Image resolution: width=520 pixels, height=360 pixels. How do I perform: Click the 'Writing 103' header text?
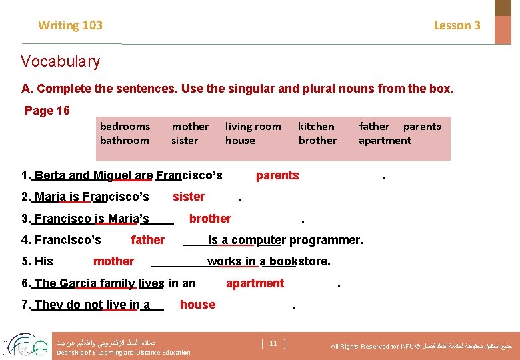pos(70,25)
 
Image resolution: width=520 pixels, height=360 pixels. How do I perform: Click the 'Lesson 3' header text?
pos(457,25)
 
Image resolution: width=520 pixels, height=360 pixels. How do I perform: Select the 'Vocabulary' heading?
pos(61,62)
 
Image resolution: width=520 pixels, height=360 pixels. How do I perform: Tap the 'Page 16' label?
pos(47,111)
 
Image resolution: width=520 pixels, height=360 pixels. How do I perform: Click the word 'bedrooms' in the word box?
pos(125,126)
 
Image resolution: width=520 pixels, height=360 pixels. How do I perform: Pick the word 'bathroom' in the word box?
pos(124,140)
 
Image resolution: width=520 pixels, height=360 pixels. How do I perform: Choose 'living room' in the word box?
pos(253,126)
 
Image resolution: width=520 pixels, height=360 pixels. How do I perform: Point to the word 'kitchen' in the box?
pos(316,126)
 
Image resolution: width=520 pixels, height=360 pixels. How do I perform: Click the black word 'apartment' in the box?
pos(385,140)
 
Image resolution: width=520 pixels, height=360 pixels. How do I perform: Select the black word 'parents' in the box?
pos(422,126)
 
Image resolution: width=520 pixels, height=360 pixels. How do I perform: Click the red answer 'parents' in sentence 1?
pos(277,175)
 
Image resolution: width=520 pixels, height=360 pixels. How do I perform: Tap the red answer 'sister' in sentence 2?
pos(189,197)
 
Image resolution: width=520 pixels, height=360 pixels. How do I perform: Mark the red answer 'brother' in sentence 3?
pos(210,219)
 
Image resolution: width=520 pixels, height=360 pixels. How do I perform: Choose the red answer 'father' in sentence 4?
pos(148,240)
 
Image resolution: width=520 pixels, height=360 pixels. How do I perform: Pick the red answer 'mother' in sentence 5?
pos(113,261)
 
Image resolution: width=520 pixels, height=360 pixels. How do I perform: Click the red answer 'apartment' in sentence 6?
pos(255,283)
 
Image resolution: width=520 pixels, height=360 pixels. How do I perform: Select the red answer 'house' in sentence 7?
pos(197,305)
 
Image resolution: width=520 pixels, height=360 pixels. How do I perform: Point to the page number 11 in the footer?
pos(273,343)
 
